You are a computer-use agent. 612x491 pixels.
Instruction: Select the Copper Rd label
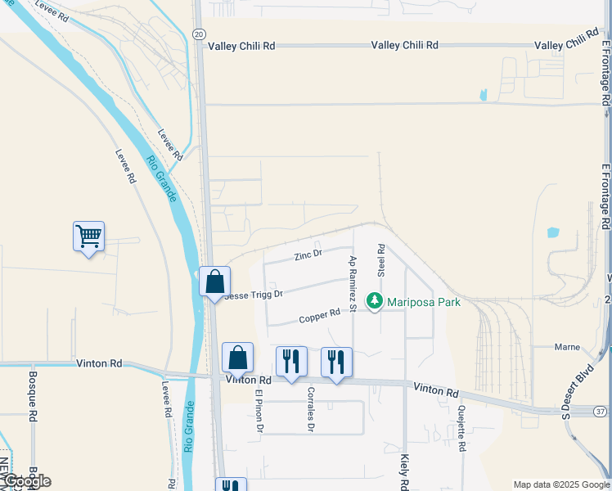tap(319, 315)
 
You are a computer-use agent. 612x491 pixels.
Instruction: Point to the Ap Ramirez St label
tap(353, 283)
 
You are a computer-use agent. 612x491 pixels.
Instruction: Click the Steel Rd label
tap(380, 260)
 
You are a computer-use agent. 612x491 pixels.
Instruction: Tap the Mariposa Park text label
tap(424, 302)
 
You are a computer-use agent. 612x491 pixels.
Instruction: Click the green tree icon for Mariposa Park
tap(375, 302)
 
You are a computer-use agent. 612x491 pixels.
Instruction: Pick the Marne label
tap(567, 346)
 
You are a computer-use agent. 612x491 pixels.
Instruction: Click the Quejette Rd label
tap(462, 429)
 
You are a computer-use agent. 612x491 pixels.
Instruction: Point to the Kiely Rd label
tap(405, 472)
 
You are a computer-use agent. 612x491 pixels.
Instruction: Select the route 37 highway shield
tap(601, 409)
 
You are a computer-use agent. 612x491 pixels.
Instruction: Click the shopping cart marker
tap(88, 237)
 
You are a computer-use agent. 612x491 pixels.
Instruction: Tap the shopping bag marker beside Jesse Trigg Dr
tap(214, 282)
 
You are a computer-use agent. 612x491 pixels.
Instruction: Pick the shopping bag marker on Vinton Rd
tap(237, 358)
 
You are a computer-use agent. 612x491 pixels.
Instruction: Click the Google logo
tap(26, 480)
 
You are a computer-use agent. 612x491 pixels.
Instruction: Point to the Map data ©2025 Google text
tap(560, 484)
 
